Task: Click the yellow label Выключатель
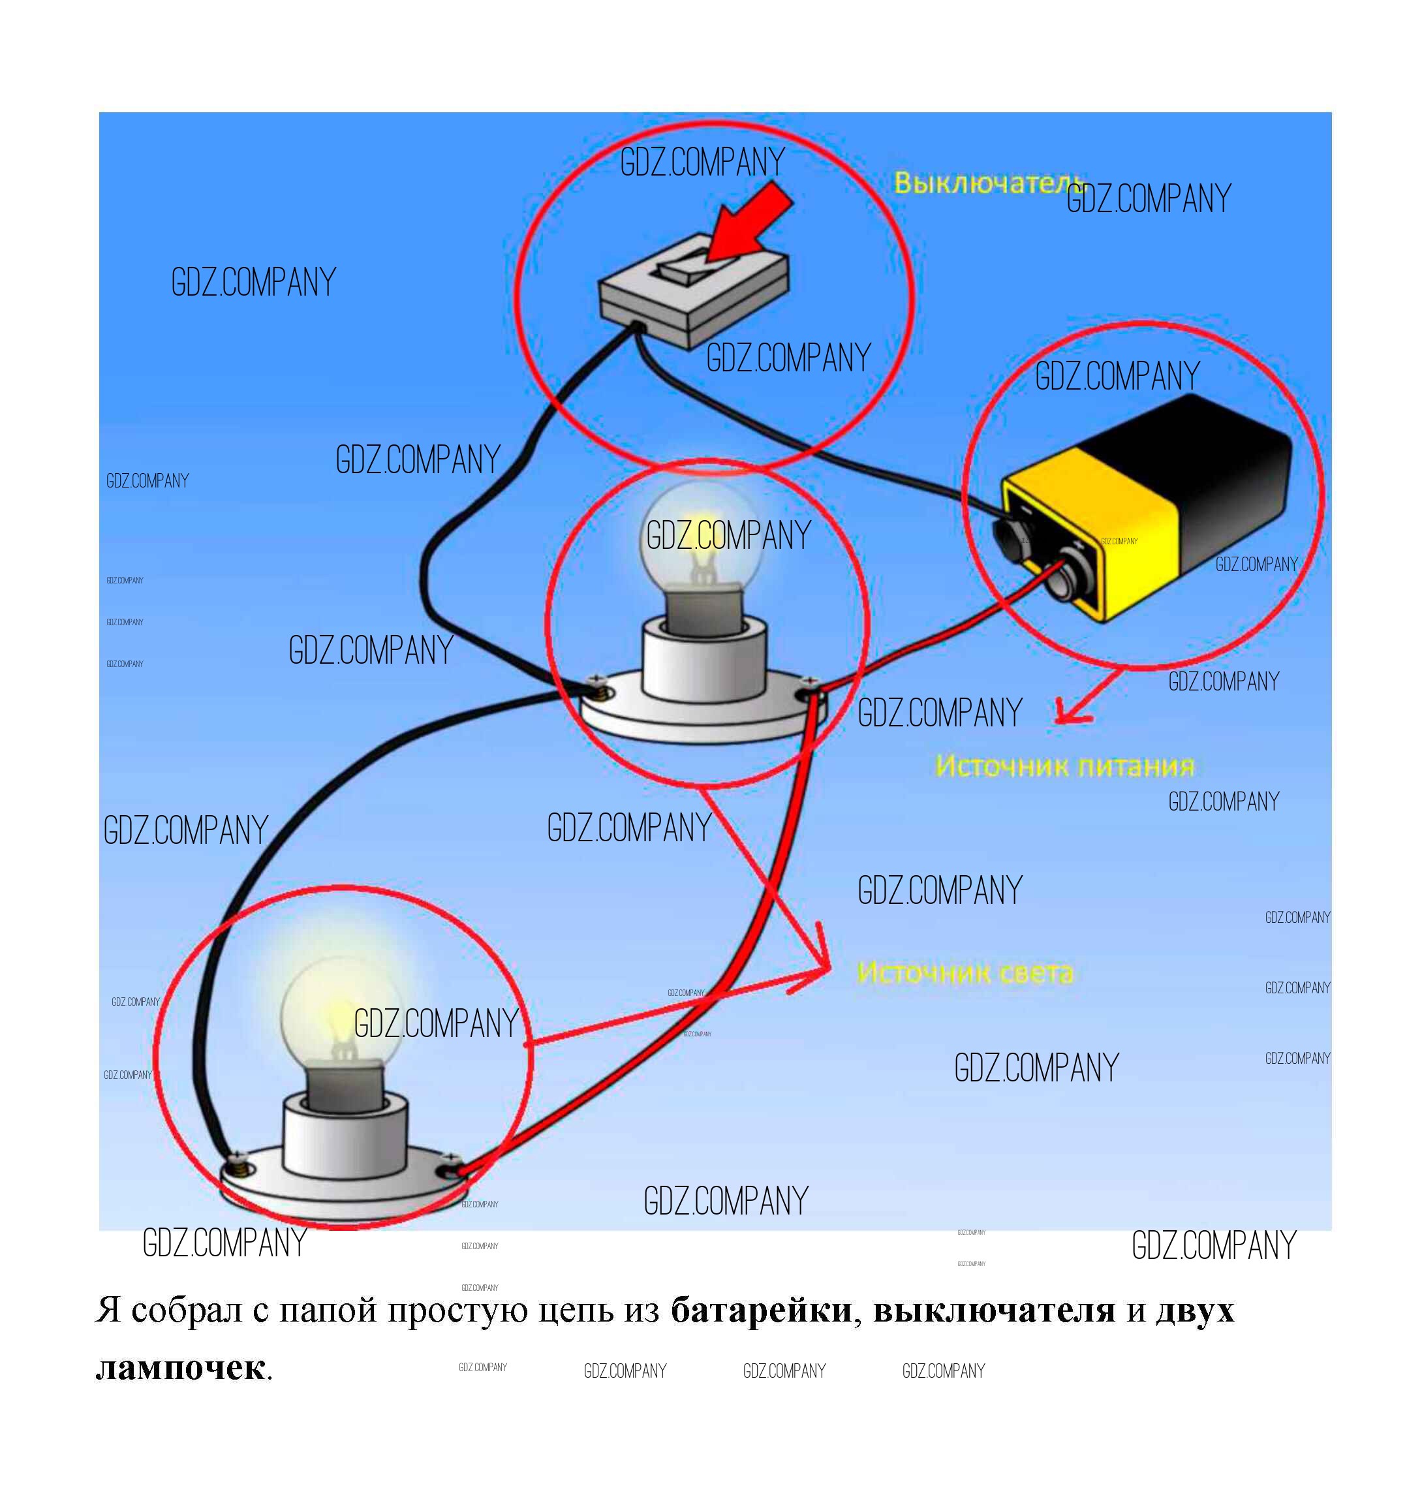point(985,183)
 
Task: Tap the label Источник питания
point(1064,766)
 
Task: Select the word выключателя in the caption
point(994,1310)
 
